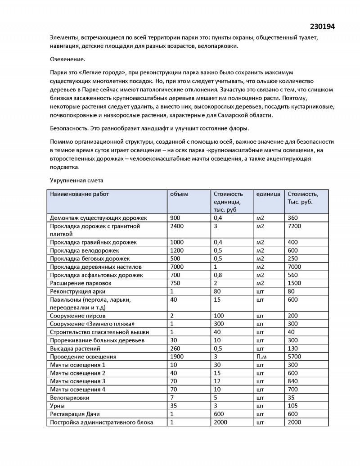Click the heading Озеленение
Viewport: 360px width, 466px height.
67,59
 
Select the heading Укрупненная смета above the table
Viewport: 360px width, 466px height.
76,181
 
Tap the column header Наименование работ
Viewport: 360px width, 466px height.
80,194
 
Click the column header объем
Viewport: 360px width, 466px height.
179,194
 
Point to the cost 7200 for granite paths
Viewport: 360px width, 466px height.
294,226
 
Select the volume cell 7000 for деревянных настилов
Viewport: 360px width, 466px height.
177,267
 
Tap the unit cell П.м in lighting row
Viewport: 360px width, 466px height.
261,357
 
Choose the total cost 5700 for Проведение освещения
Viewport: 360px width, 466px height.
294,357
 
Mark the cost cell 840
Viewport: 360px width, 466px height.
292,381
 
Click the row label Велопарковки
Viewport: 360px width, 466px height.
70,398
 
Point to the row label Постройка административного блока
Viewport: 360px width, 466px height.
102,422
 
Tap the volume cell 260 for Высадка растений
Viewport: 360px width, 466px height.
175,348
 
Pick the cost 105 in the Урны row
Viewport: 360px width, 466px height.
292,406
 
